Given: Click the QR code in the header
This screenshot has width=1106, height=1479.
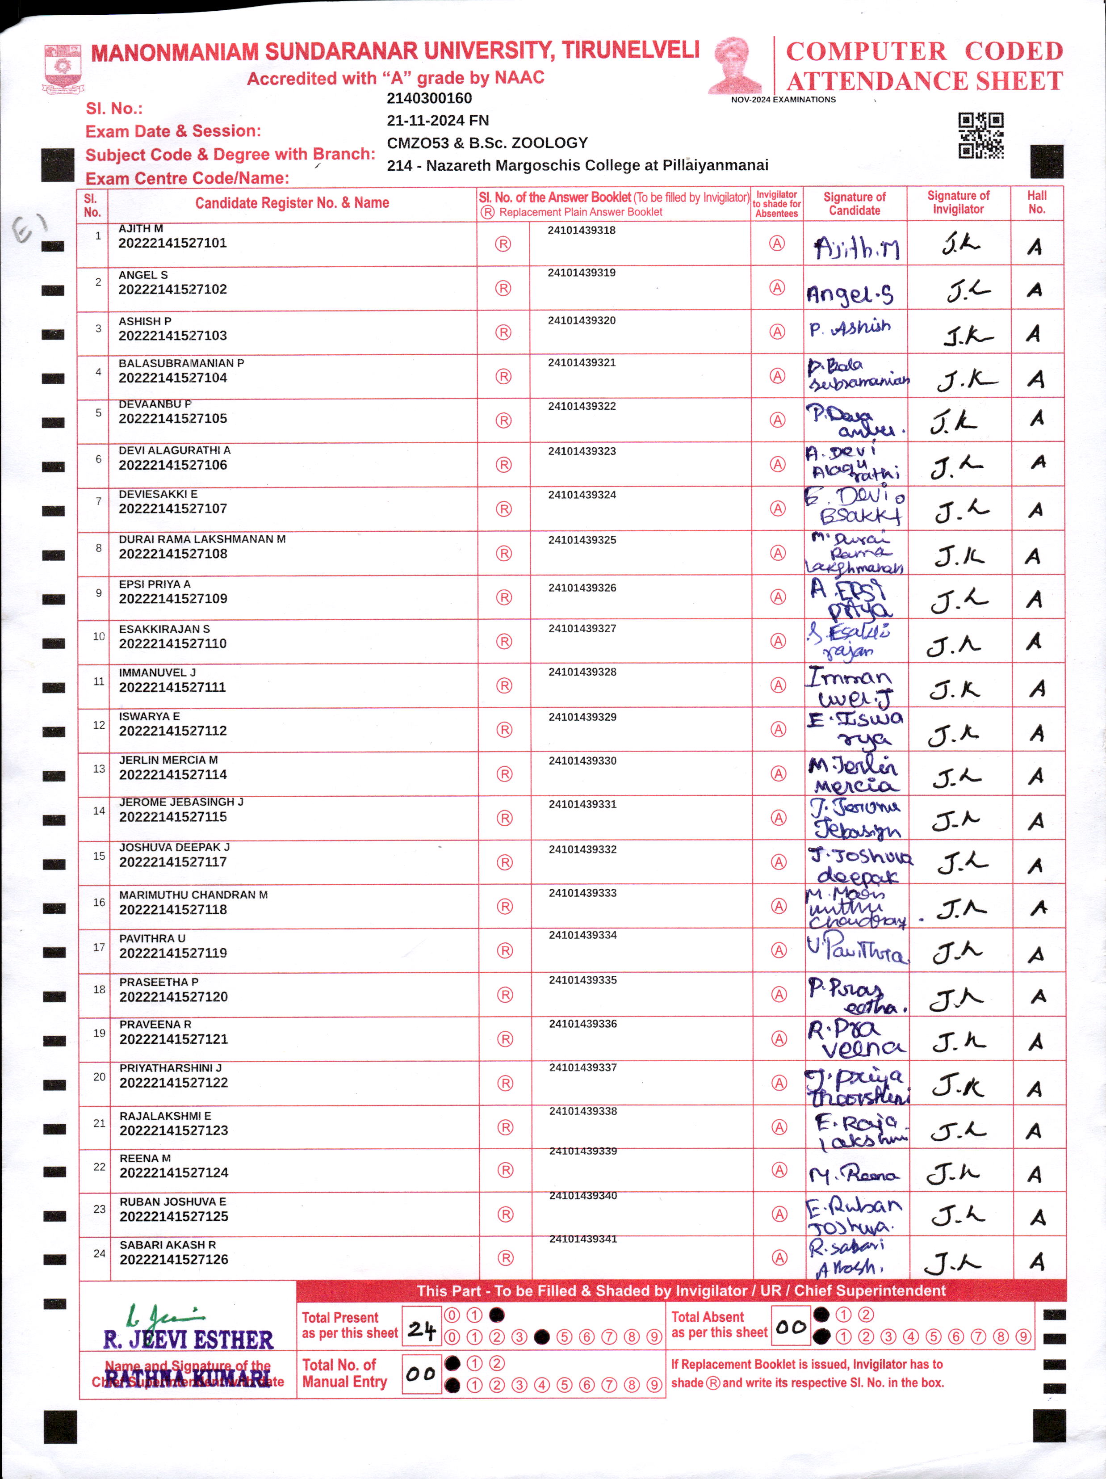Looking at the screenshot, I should tap(980, 136).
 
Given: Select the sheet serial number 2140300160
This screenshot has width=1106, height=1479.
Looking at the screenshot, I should tap(429, 98).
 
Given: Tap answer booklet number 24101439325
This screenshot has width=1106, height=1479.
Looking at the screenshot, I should tap(582, 540).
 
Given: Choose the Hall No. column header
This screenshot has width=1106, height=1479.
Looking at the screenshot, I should tap(1036, 202).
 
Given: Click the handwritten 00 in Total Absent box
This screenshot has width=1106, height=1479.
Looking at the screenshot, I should tap(791, 1327).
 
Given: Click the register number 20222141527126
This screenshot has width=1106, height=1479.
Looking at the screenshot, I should tap(174, 1260).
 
